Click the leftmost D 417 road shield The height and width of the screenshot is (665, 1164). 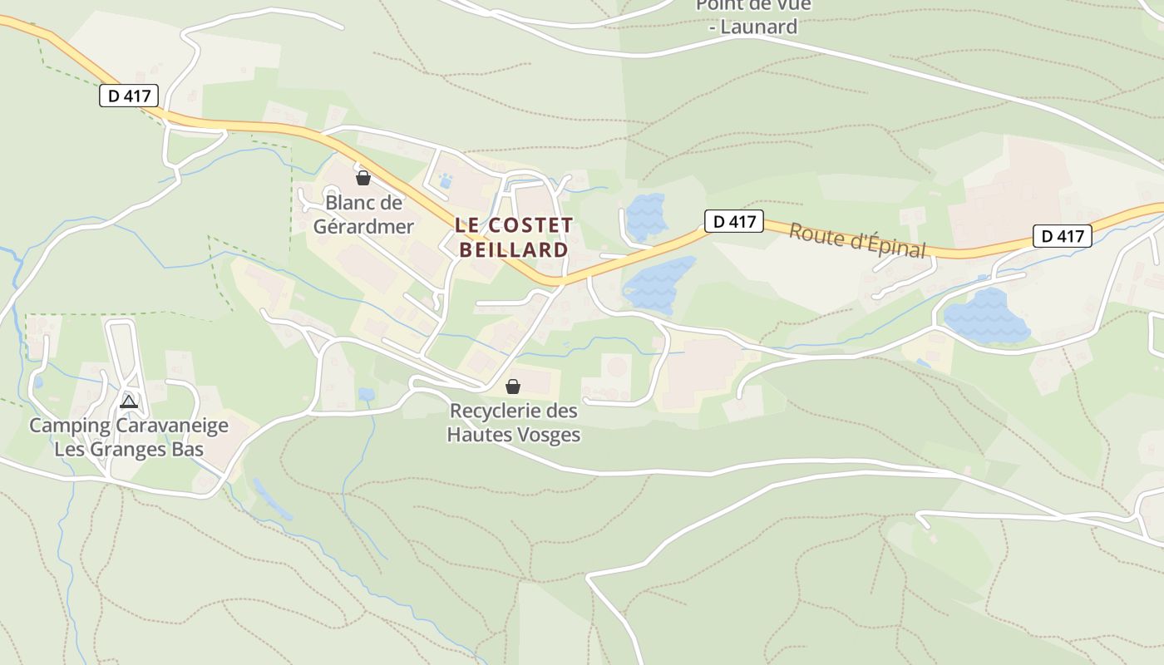pos(129,96)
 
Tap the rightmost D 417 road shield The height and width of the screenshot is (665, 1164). pos(1062,236)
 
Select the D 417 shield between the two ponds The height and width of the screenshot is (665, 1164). pos(733,221)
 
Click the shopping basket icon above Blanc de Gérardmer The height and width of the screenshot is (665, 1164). pos(363,178)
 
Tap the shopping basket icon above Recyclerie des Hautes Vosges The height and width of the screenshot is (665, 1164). pos(513,387)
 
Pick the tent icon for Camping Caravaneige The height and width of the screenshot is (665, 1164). pos(128,403)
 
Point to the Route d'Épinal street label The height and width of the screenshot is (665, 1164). pos(856,240)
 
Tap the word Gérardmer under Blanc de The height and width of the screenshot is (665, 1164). pos(363,226)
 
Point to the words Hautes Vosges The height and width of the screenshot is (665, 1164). pos(513,435)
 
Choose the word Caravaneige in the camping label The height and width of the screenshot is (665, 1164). pos(172,426)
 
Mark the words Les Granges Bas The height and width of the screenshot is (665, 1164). pos(129,450)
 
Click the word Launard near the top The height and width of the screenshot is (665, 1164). pos(758,27)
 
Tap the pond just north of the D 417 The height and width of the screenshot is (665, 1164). pos(644,215)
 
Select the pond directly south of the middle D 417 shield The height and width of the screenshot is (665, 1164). pos(658,284)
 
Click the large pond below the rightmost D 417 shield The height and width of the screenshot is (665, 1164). pos(986,317)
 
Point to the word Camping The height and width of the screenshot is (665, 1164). pos(70,426)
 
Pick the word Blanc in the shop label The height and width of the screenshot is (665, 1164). pos(345,203)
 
